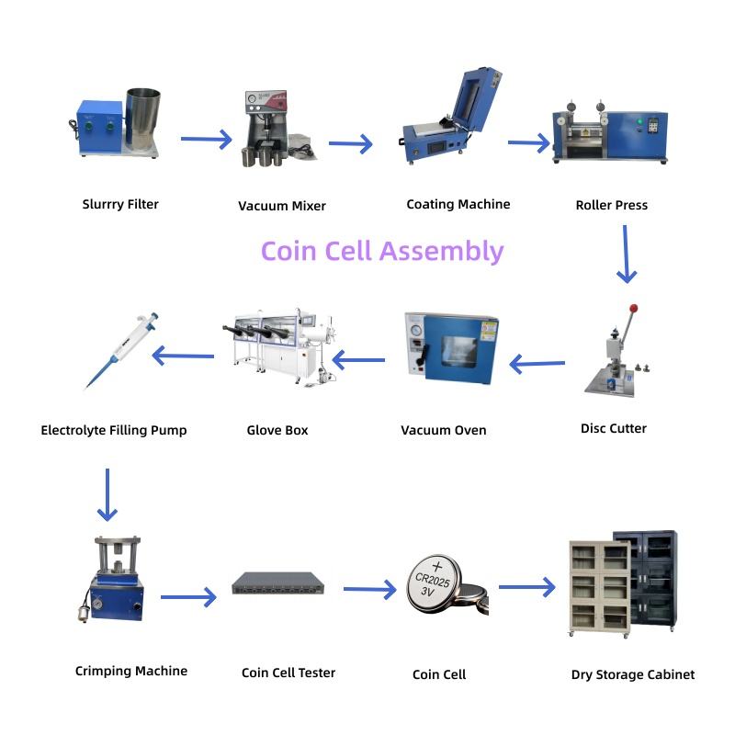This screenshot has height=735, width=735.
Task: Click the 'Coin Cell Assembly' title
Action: (382, 251)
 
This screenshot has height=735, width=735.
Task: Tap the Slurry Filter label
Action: (120, 204)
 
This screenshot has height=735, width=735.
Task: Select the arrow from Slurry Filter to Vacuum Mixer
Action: (206, 140)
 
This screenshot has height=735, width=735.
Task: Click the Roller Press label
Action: (611, 205)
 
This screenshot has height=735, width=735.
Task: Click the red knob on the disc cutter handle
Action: (633, 309)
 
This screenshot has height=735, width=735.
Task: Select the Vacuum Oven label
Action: (444, 430)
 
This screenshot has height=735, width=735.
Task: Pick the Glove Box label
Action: (277, 430)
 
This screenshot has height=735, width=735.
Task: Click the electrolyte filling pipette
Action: (123, 349)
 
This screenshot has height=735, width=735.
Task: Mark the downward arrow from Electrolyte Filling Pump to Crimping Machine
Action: (107, 495)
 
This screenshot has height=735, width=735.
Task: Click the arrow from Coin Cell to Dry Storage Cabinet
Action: (527, 586)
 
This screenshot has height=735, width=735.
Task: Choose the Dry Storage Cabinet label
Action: (632, 674)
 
